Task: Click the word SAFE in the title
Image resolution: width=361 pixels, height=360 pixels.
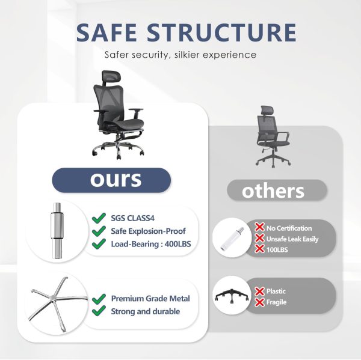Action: (106, 32)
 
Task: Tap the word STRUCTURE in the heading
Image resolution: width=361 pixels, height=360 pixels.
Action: (221, 32)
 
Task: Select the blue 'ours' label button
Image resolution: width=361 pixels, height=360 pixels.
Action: (111, 180)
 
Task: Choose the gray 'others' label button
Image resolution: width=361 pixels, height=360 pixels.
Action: (277, 191)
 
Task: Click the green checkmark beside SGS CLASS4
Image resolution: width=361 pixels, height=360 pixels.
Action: (99, 218)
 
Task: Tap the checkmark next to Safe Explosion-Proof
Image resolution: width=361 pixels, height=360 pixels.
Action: (99, 231)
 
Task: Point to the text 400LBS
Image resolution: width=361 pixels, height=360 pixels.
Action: (177, 244)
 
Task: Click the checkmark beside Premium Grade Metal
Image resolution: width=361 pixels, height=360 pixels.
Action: (99, 299)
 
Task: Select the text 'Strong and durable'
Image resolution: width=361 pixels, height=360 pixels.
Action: (145, 311)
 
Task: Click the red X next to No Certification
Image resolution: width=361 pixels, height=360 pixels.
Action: (259, 227)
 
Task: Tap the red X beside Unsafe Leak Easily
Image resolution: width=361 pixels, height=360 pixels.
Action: (259, 238)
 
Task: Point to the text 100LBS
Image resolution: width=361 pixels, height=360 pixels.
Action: (277, 249)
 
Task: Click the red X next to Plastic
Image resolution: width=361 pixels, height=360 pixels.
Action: (259, 291)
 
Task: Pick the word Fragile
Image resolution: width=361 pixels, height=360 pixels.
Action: (276, 302)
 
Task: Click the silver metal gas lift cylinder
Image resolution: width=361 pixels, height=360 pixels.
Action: (57, 231)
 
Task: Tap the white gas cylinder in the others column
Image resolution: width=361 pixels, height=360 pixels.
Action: (232, 238)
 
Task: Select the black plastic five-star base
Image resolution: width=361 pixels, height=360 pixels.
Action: (232, 296)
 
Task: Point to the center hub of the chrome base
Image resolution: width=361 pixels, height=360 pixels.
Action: (53, 298)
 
